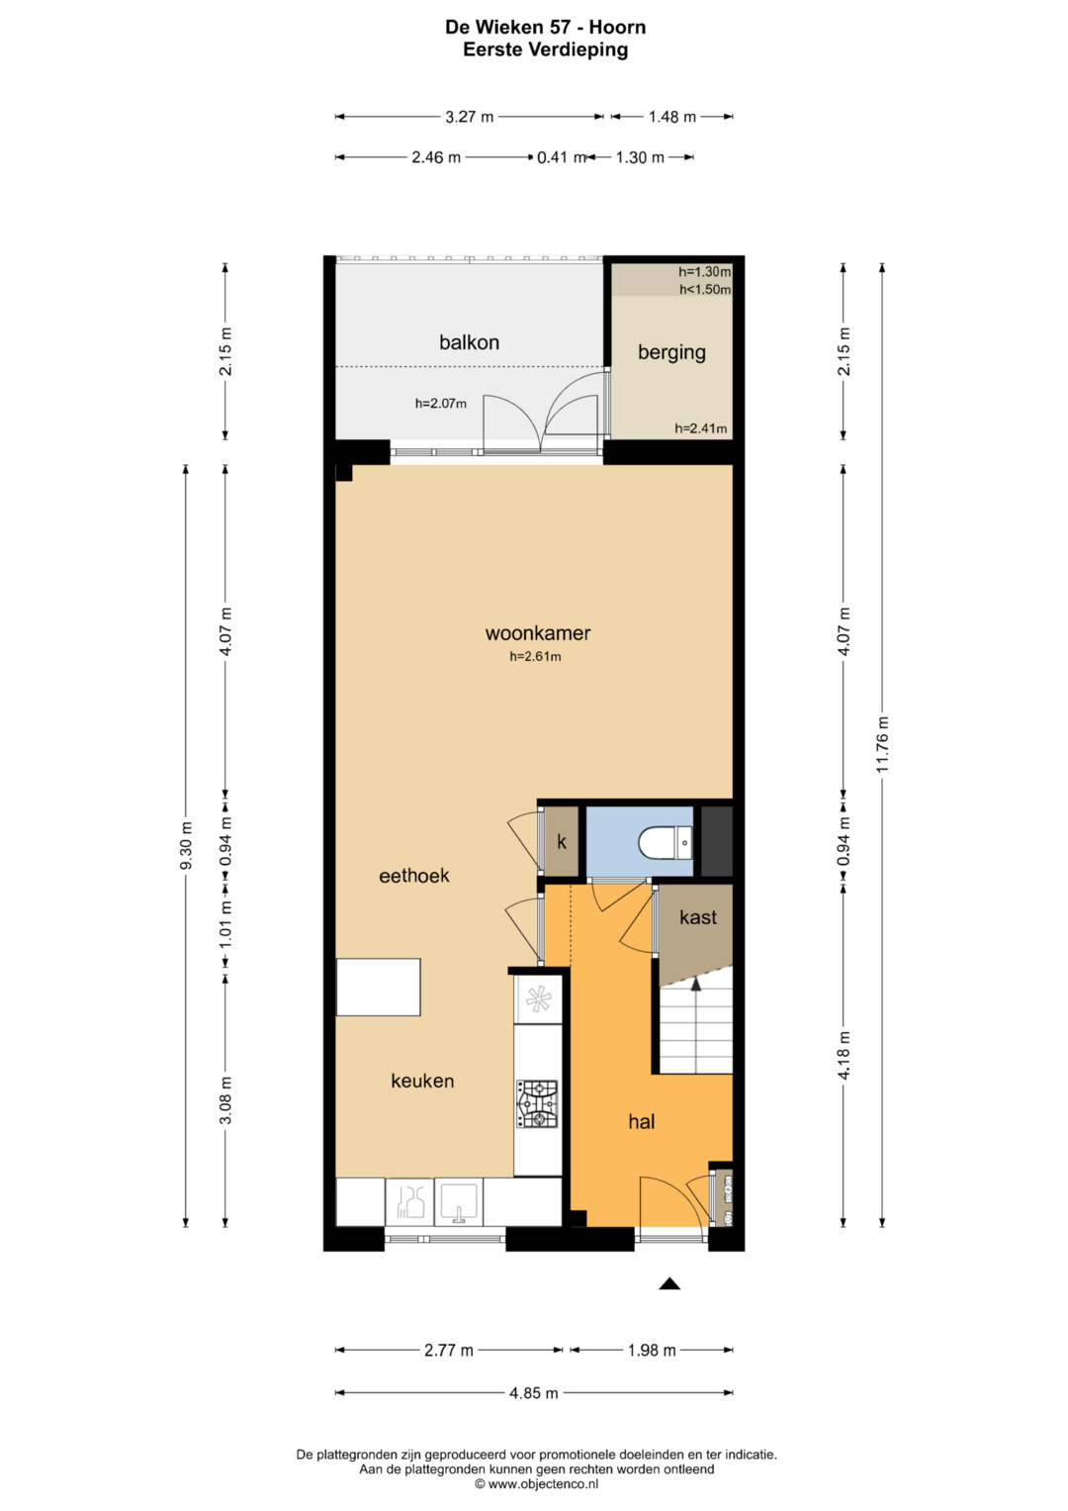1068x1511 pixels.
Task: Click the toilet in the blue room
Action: (x=665, y=843)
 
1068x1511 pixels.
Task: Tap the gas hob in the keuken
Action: (x=537, y=1104)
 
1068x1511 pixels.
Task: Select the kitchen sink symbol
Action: (x=459, y=1201)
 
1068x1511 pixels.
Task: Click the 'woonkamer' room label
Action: (x=537, y=633)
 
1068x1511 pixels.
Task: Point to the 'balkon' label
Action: (x=470, y=342)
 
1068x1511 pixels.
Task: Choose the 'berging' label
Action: (x=671, y=352)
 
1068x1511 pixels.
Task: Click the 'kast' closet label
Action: (x=698, y=917)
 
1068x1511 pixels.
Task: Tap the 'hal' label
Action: (x=641, y=1122)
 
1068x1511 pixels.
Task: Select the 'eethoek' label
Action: (x=414, y=876)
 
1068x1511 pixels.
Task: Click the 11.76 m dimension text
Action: (x=883, y=744)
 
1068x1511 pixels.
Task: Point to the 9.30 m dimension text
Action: (x=186, y=845)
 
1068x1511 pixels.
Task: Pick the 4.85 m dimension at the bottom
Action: (x=534, y=1393)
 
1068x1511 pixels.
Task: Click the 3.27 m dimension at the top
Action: (x=470, y=117)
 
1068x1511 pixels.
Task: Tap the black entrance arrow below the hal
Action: (x=668, y=1283)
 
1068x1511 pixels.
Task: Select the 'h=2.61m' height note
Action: (x=535, y=656)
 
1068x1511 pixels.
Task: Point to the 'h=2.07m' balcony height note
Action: (x=441, y=404)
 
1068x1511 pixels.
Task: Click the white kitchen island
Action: (x=378, y=987)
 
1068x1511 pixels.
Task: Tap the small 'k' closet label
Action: (x=562, y=842)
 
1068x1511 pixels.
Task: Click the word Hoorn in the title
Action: (x=618, y=27)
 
